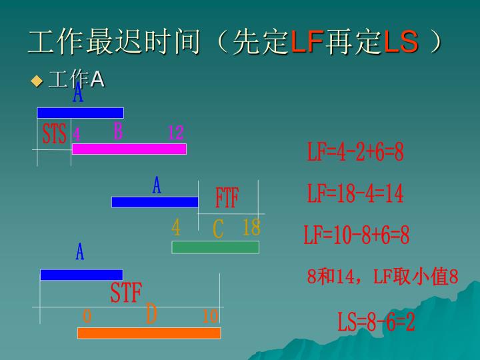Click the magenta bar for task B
pyautogui.click(x=129, y=149)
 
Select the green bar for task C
pyautogui.click(x=215, y=247)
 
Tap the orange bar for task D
pyautogui.click(x=149, y=333)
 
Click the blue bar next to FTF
pyautogui.click(x=155, y=202)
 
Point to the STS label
pyautogui.click(x=54, y=134)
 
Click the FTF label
pyautogui.click(x=227, y=197)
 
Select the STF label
pyautogui.click(x=126, y=293)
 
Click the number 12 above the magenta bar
pyautogui.click(x=175, y=133)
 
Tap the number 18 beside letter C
pyautogui.click(x=251, y=228)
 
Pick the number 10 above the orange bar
pyautogui.click(x=210, y=315)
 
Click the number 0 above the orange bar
pyautogui.click(x=87, y=315)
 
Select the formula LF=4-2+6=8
pyautogui.click(x=355, y=153)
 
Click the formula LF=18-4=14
pyautogui.click(x=355, y=194)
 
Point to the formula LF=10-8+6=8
pyautogui.click(x=357, y=235)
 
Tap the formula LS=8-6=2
pyautogui.click(x=376, y=323)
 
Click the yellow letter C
pyautogui.click(x=218, y=229)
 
